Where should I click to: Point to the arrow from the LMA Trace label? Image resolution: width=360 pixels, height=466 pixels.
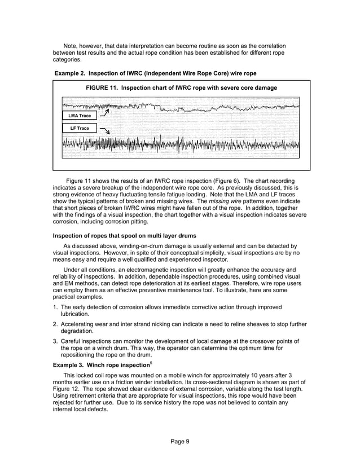[x=103, y=113]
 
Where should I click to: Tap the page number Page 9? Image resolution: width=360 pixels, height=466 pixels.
[x=180, y=441]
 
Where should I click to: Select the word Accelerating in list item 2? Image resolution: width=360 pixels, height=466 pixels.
[x=80, y=325]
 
